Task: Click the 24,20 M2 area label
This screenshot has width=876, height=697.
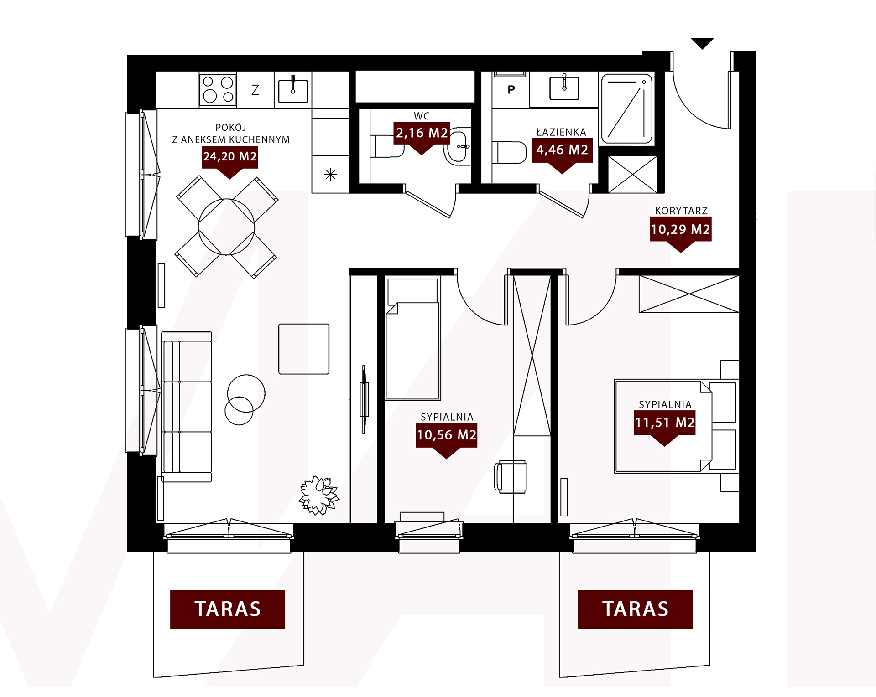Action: click(230, 157)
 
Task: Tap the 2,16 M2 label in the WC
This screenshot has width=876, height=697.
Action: click(422, 133)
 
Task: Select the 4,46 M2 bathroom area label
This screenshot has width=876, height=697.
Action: click(562, 150)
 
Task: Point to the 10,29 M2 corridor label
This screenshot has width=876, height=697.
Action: click(680, 229)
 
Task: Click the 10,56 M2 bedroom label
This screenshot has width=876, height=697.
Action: click(446, 435)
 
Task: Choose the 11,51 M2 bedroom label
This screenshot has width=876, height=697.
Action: click(665, 423)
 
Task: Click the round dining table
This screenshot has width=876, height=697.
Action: click(226, 227)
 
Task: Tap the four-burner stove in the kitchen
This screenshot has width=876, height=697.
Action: click(218, 89)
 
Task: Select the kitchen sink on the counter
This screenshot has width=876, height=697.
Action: click(293, 90)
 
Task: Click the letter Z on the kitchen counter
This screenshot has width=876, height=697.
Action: click(255, 90)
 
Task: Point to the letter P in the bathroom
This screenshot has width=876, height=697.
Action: click(511, 89)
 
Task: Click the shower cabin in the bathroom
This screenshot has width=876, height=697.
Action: click(627, 109)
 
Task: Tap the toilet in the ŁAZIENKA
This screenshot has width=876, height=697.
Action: click(510, 152)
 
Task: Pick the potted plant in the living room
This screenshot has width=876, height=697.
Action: click(319, 496)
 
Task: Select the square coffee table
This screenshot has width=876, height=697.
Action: click(304, 349)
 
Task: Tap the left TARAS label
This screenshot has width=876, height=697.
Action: click(228, 609)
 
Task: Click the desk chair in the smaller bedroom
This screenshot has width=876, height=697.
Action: click(511, 477)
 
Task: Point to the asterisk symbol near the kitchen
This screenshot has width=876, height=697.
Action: click(330, 175)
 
